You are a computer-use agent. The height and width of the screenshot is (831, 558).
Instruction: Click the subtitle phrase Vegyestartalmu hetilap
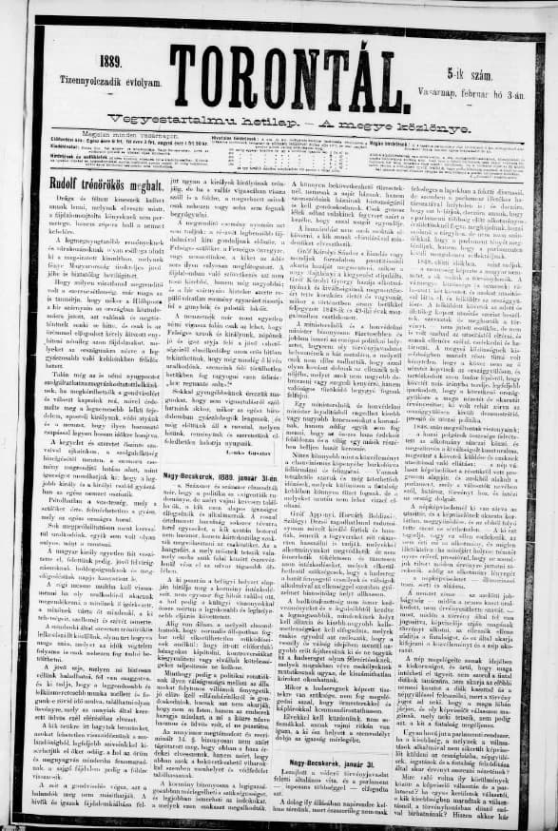(x=181, y=118)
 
